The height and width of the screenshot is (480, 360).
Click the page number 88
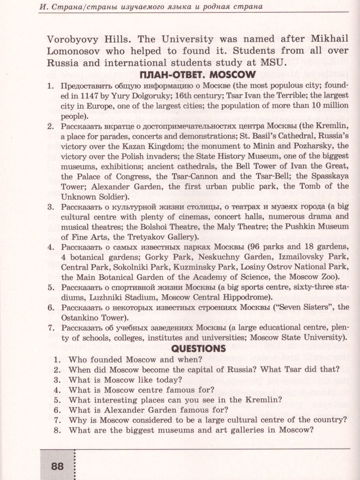(57, 466)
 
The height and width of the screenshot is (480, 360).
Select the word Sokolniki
(130, 266)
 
